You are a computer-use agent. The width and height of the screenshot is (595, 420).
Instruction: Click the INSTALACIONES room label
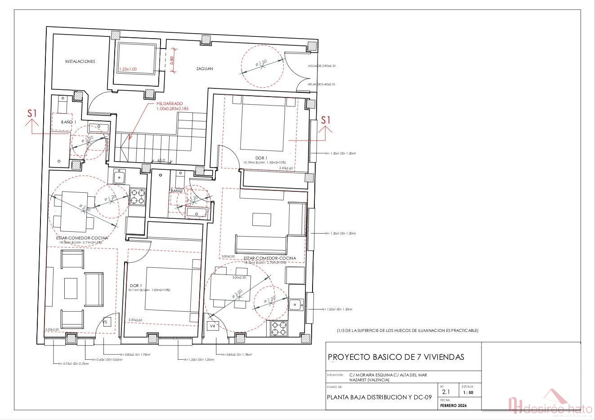(x=80, y=62)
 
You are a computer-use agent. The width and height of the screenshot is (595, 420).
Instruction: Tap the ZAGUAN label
(x=204, y=69)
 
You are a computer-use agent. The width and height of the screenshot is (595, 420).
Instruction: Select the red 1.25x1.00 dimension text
(x=128, y=69)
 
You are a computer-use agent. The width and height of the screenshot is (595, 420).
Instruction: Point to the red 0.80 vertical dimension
(x=172, y=60)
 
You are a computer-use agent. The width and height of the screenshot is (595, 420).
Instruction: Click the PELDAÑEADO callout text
(x=169, y=106)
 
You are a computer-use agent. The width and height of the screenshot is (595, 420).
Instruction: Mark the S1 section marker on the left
(x=31, y=114)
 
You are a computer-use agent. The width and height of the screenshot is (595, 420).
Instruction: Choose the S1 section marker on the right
(x=326, y=120)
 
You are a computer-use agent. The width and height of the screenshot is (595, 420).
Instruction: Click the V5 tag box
(x=106, y=322)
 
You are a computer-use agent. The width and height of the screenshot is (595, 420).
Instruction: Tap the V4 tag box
(x=212, y=325)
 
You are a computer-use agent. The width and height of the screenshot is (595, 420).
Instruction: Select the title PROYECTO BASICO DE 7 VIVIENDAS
(x=396, y=357)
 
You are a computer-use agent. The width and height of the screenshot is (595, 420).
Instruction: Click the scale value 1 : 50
(x=468, y=392)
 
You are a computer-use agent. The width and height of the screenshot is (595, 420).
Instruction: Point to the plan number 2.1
(x=445, y=392)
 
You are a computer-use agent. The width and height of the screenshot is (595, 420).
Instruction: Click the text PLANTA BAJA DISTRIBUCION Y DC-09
(x=379, y=397)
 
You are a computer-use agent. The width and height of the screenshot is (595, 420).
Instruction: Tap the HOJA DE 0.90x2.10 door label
(x=322, y=66)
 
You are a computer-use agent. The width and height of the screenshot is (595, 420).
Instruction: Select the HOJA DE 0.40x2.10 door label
(x=322, y=84)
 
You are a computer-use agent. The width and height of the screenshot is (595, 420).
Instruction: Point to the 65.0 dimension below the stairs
(x=161, y=160)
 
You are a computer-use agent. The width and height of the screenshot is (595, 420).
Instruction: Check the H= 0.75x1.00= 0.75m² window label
(x=71, y=364)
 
